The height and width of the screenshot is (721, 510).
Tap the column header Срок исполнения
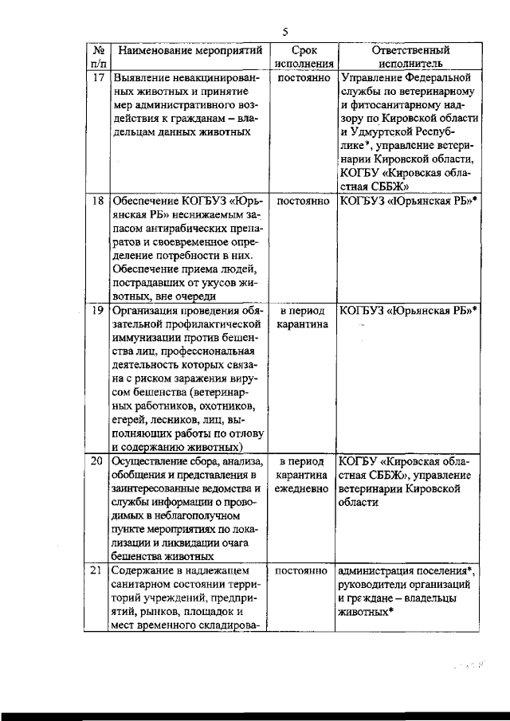click(x=303, y=57)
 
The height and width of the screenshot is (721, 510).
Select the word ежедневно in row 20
click(x=303, y=488)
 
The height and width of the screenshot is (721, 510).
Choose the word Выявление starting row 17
click(x=139, y=79)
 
